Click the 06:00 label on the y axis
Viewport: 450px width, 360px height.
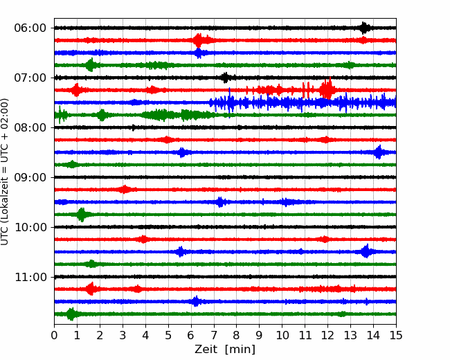[x=30, y=28]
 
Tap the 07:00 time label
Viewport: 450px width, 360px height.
[x=30, y=78]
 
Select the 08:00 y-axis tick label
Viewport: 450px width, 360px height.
[x=30, y=127]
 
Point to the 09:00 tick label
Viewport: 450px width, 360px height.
[x=30, y=177]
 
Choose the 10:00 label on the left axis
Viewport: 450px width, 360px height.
[x=30, y=227]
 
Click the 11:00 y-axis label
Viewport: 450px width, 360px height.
[x=30, y=277]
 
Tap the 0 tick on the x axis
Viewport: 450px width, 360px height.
[x=54, y=335]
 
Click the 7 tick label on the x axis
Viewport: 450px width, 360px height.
[x=214, y=335]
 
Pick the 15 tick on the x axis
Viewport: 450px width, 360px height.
[x=396, y=335]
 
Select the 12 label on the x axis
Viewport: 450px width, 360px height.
[x=327, y=335]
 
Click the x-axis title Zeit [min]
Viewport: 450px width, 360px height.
[x=225, y=350]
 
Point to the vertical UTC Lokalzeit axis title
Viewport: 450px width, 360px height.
[x=4, y=172]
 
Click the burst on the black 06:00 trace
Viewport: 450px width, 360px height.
[x=364, y=28]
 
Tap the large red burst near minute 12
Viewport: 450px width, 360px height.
[x=327, y=89]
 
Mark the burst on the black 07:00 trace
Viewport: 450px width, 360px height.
[x=226, y=78]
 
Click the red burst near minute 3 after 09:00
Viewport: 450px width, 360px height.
[x=124, y=190]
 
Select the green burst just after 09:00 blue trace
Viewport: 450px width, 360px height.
[x=82, y=215]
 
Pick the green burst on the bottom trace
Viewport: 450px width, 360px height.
[x=71, y=314]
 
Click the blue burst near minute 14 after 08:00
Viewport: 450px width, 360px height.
[x=379, y=152]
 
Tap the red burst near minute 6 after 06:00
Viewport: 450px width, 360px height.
[x=199, y=40]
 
